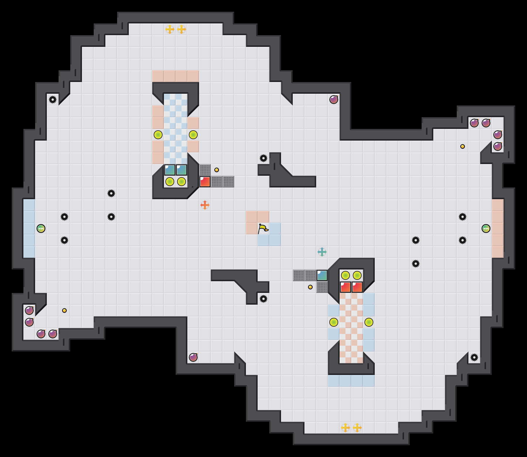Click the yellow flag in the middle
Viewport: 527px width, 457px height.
tap(263, 228)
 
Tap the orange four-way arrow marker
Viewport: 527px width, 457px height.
tap(205, 205)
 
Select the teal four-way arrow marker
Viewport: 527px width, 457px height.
tap(322, 252)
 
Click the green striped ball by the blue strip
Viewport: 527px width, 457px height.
tap(41, 228)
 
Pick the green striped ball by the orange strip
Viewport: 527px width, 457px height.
tap(486, 228)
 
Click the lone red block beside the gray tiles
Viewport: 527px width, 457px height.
tap(205, 182)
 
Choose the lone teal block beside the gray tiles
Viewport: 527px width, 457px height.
tap(322, 275)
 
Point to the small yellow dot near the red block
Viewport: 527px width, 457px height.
tap(217, 170)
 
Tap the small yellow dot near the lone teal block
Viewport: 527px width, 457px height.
tap(310, 287)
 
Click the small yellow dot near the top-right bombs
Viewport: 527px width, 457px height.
tap(463, 146)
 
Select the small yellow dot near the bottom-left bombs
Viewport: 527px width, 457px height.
tap(64, 311)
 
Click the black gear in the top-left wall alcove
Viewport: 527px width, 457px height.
tap(53, 100)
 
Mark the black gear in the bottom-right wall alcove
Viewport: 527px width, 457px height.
tap(474, 357)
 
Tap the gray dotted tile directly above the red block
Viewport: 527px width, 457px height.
tap(205, 170)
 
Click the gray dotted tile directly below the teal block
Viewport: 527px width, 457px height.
tap(322, 287)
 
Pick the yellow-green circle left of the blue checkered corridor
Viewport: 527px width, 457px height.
tap(158, 135)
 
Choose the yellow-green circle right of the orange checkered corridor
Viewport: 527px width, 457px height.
tap(369, 322)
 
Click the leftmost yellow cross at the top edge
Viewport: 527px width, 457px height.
tap(170, 29)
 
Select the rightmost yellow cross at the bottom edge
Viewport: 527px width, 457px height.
tap(357, 428)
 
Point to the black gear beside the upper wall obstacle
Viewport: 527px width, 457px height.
tap(263, 158)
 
